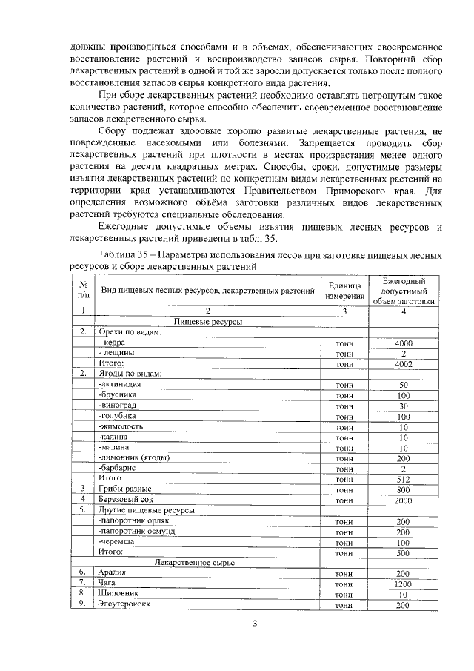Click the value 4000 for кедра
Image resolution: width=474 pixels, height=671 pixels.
pyautogui.click(x=403, y=343)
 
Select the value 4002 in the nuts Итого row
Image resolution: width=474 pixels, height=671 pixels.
pyautogui.click(x=403, y=364)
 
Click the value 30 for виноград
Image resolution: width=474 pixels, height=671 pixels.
pyautogui.click(x=403, y=406)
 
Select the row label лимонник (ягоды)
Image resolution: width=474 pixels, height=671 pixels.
pyautogui.click(x=133, y=457)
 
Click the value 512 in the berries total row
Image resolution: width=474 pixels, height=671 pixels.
pyautogui.click(x=403, y=479)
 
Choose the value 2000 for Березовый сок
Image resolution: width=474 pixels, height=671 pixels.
pyautogui.click(x=403, y=500)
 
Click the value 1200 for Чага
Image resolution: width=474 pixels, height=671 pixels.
pyautogui.click(x=403, y=584)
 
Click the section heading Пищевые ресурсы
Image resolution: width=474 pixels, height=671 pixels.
pyautogui.click(x=209, y=322)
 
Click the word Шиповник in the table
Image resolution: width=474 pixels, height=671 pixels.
pyautogui.click(x=118, y=595)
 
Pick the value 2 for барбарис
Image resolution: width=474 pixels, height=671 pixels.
pyautogui.click(x=403, y=469)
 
